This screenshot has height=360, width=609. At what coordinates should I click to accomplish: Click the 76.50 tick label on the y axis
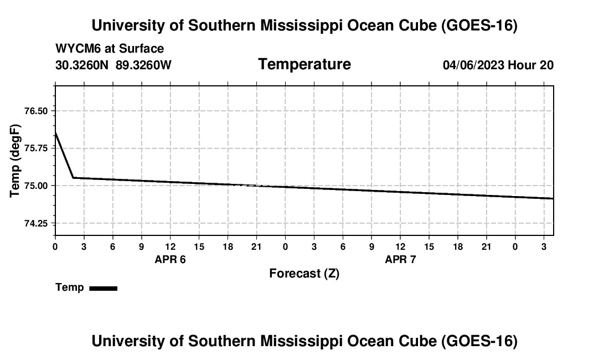[x=36, y=111]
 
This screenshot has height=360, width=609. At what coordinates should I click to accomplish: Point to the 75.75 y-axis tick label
[x=36, y=148]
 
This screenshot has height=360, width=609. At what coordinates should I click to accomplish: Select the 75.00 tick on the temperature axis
[x=36, y=186]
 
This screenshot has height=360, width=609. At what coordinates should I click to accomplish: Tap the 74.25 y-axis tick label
[x=36, y=223]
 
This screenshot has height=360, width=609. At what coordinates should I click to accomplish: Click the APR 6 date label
[x=170, y=259]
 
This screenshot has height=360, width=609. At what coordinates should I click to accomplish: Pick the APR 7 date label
[x=400, y=259]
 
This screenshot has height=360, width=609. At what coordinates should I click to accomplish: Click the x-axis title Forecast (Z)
[x=304, y=274]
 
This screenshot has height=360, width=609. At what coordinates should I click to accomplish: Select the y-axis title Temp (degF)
[x=15, y=161]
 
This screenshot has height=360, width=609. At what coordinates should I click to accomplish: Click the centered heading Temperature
[x=304, y=64]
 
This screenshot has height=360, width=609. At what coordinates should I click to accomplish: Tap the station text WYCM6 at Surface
[x=110, y=49]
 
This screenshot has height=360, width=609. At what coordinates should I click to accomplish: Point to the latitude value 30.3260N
[x=82, y=65]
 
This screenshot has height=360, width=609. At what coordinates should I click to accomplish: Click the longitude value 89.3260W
[x=143, y=65]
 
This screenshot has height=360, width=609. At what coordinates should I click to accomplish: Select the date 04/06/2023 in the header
[x=473, y=65]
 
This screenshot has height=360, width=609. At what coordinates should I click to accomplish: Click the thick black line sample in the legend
[x=104, y=288]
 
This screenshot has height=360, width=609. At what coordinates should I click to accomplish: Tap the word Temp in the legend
[x=70, y=287]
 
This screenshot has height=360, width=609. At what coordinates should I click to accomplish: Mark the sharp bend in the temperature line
[x=74, y=178]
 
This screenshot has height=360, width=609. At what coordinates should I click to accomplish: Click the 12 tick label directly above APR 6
[x=170, y=246]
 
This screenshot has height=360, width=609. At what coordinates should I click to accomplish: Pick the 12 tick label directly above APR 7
[x=400, y=246]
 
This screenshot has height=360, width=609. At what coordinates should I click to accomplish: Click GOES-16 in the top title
[x=479, y=25]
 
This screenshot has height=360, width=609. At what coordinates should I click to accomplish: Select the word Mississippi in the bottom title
[x=301, y=341]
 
